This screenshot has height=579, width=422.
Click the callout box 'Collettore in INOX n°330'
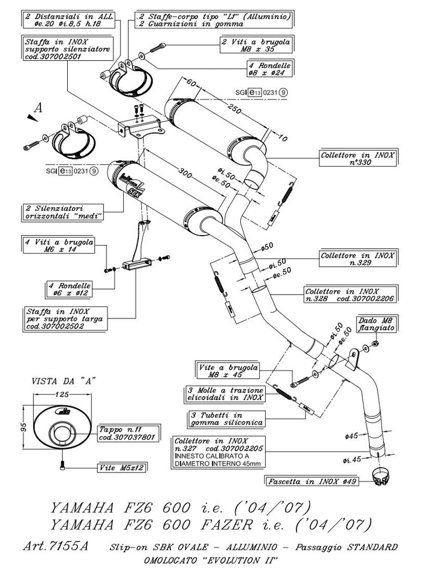click(358, 159)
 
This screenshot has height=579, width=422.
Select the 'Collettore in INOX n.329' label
click(357, 258)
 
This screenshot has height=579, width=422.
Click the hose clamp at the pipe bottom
click(379, 478)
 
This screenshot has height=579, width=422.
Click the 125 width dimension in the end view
click(58, 395)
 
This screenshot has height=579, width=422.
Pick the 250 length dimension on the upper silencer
click(235, 110)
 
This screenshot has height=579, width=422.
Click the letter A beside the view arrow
click(38, 107)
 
